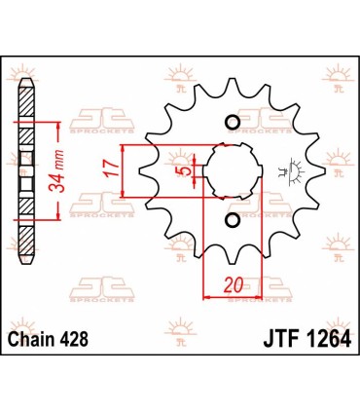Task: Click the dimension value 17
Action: coord(114,169)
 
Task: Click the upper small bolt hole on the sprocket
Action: coord(232,122)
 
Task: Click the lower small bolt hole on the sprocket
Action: coord(232,222)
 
